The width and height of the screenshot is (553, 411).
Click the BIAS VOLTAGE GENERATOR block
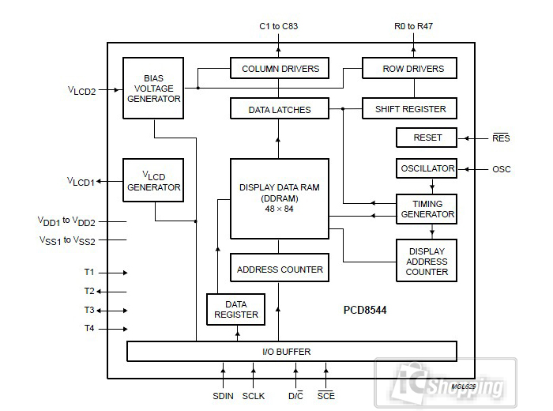pos(153,88)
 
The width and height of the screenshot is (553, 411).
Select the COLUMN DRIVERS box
pos(279,69)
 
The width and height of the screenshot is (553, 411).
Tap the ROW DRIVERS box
pos(409,69)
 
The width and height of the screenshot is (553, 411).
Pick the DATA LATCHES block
pos(279,109)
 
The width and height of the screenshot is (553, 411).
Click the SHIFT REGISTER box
pos(409,109)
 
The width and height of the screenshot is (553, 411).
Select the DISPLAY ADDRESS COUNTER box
pos(427,262)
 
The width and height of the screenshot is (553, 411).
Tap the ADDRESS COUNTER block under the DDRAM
pos(279,269)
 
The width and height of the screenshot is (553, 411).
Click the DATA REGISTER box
pos(236,309)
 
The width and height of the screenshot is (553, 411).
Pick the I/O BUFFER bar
pos(292,351)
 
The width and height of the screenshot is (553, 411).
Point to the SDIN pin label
pos(223,394)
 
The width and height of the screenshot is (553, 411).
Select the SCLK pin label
pos(254,394)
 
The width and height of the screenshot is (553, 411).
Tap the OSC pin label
pos(501,169)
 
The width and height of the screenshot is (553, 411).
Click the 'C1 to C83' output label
pos(279,26)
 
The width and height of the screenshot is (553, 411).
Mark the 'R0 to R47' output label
pos(413,26)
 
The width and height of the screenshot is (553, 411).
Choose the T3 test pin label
pos(89,310)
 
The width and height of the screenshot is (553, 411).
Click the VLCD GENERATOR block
pos(153,181)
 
